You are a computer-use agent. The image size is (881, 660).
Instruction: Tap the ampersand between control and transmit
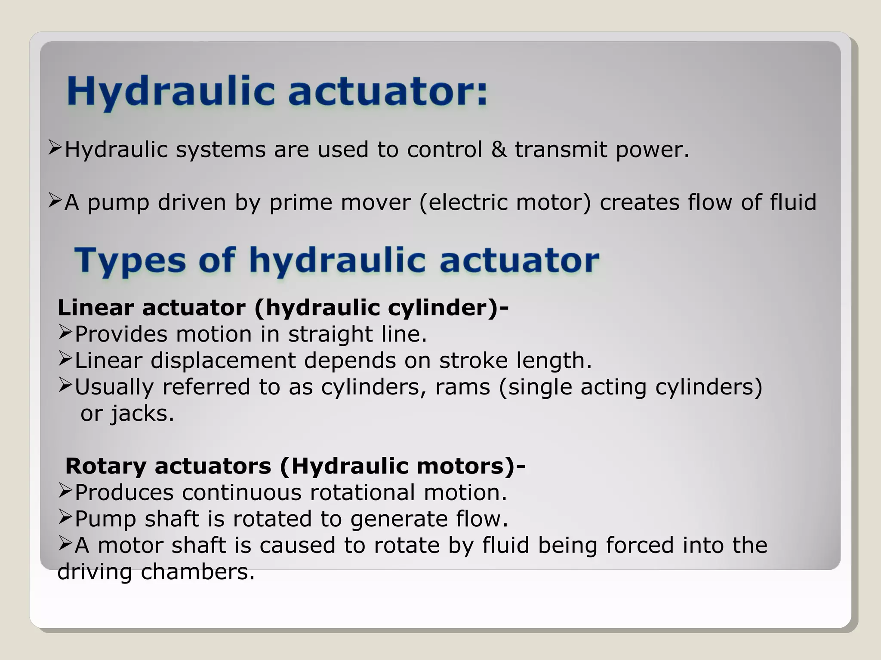click(499, 150)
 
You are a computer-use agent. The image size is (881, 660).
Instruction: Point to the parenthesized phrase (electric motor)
click(505, 202)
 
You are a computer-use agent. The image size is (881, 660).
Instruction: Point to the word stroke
click(473, 361)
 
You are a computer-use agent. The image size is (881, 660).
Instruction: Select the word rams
click(462, 387)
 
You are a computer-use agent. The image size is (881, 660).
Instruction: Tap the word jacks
click(142, 414)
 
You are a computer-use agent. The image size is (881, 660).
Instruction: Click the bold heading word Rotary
click(106, 466)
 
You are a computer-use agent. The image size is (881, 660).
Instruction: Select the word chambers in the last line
click(198, 572)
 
